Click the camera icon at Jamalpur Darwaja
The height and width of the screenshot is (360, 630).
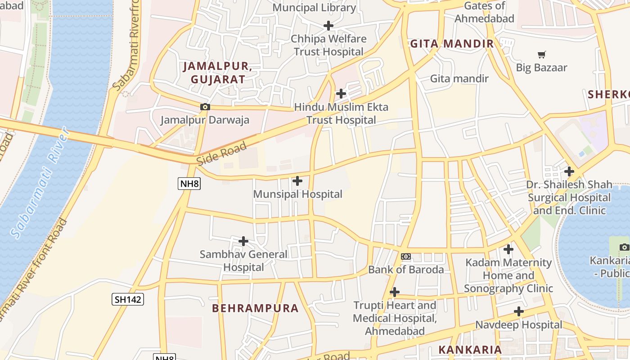[x=205, y=107]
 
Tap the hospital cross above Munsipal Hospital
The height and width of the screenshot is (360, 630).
[x=297, y=181]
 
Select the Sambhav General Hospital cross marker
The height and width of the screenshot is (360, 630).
[x=243, y=241]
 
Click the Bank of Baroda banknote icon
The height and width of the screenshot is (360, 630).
[x=406, y=256]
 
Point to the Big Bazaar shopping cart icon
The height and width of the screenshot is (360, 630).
[x=542, y=54]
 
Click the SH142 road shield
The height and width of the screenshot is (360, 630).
[x=128, y=299]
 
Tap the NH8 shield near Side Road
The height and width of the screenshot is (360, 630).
[x=189, y=183]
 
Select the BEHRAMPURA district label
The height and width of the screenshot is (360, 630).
[x=255, y=308]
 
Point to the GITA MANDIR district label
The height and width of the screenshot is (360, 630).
[x=452, y=44]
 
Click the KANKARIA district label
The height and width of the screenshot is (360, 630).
[x=470, y=350]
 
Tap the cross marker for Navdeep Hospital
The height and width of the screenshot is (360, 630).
[x=519, y=311]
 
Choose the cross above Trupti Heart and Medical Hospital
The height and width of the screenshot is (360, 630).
[x=395, y=292]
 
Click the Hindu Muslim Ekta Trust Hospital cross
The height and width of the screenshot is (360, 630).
[x=341, y=94]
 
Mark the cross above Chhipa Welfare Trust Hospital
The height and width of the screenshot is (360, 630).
[x=328, y=25]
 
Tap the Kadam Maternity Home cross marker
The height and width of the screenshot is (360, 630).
[x=508, y=249]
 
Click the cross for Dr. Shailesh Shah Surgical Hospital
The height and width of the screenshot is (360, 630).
[x=569, y=171]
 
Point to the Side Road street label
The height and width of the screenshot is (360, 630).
[x=222, y=153]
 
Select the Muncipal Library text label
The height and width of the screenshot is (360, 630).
[x=314, y=8]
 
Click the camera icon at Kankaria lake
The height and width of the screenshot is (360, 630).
[x=624, y=247]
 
